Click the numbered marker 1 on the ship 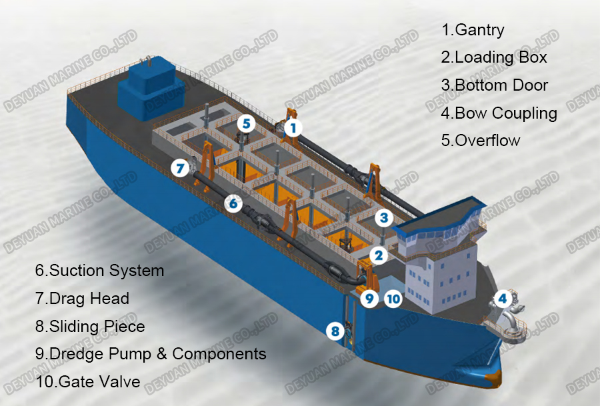(x=293, y=126)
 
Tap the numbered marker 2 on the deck (x=378, y=255)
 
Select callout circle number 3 (x=383, y=217)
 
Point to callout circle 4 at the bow (x=503, y=299)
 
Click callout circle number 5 (x=247, y=123)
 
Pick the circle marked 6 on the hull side (x=233, y=203)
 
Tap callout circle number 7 (x=179, y=168)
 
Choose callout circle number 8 (x=335, y=329)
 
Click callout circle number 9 (x=370, y=299)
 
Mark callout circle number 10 (x=393, y=299)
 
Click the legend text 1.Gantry (x=473, y=30)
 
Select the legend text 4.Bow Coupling (x=499, y=113)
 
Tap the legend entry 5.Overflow (x=480, y=140)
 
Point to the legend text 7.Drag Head (x=82, y=298)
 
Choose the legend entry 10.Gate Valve (x=87, y=381)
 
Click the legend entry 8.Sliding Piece (x=89, y=326)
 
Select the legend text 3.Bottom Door (x=494, y=85)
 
